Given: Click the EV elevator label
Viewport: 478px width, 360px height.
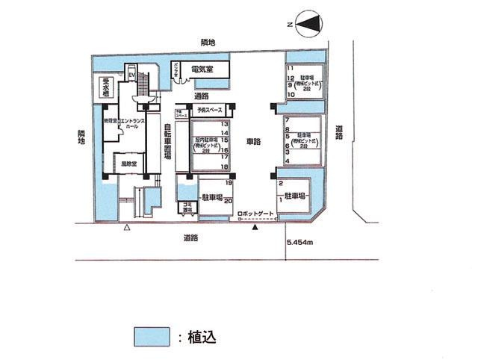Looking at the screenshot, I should pos(131,75).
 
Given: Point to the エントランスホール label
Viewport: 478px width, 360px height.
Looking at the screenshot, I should pos(128,123).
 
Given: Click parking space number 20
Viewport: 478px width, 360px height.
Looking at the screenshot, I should pos(229,200).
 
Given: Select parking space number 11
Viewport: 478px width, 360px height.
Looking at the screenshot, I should pos(290,69).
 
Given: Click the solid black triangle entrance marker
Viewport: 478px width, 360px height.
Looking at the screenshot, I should pos(256,226).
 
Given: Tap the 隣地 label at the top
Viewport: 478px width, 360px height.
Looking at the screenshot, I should pos(208,43).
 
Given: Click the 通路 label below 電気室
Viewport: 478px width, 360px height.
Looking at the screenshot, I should pos(201,96).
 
